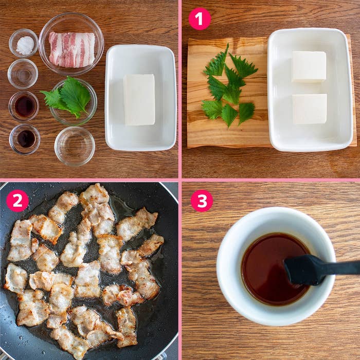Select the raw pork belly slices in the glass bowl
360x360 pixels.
coord(71,49)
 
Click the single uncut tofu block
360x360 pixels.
coord(139,99)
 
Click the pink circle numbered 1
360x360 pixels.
coord(200,19)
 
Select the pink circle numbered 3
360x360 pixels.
coord(202,201)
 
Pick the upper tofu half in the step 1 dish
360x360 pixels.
coord(309,66)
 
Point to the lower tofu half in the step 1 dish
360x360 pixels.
coord(309,109)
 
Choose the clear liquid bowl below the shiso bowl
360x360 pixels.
coord(75,146)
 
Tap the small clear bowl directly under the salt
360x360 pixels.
coord(23,74)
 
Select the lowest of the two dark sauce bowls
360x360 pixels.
coord(25,139)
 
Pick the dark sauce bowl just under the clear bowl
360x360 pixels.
coord(24,106)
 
